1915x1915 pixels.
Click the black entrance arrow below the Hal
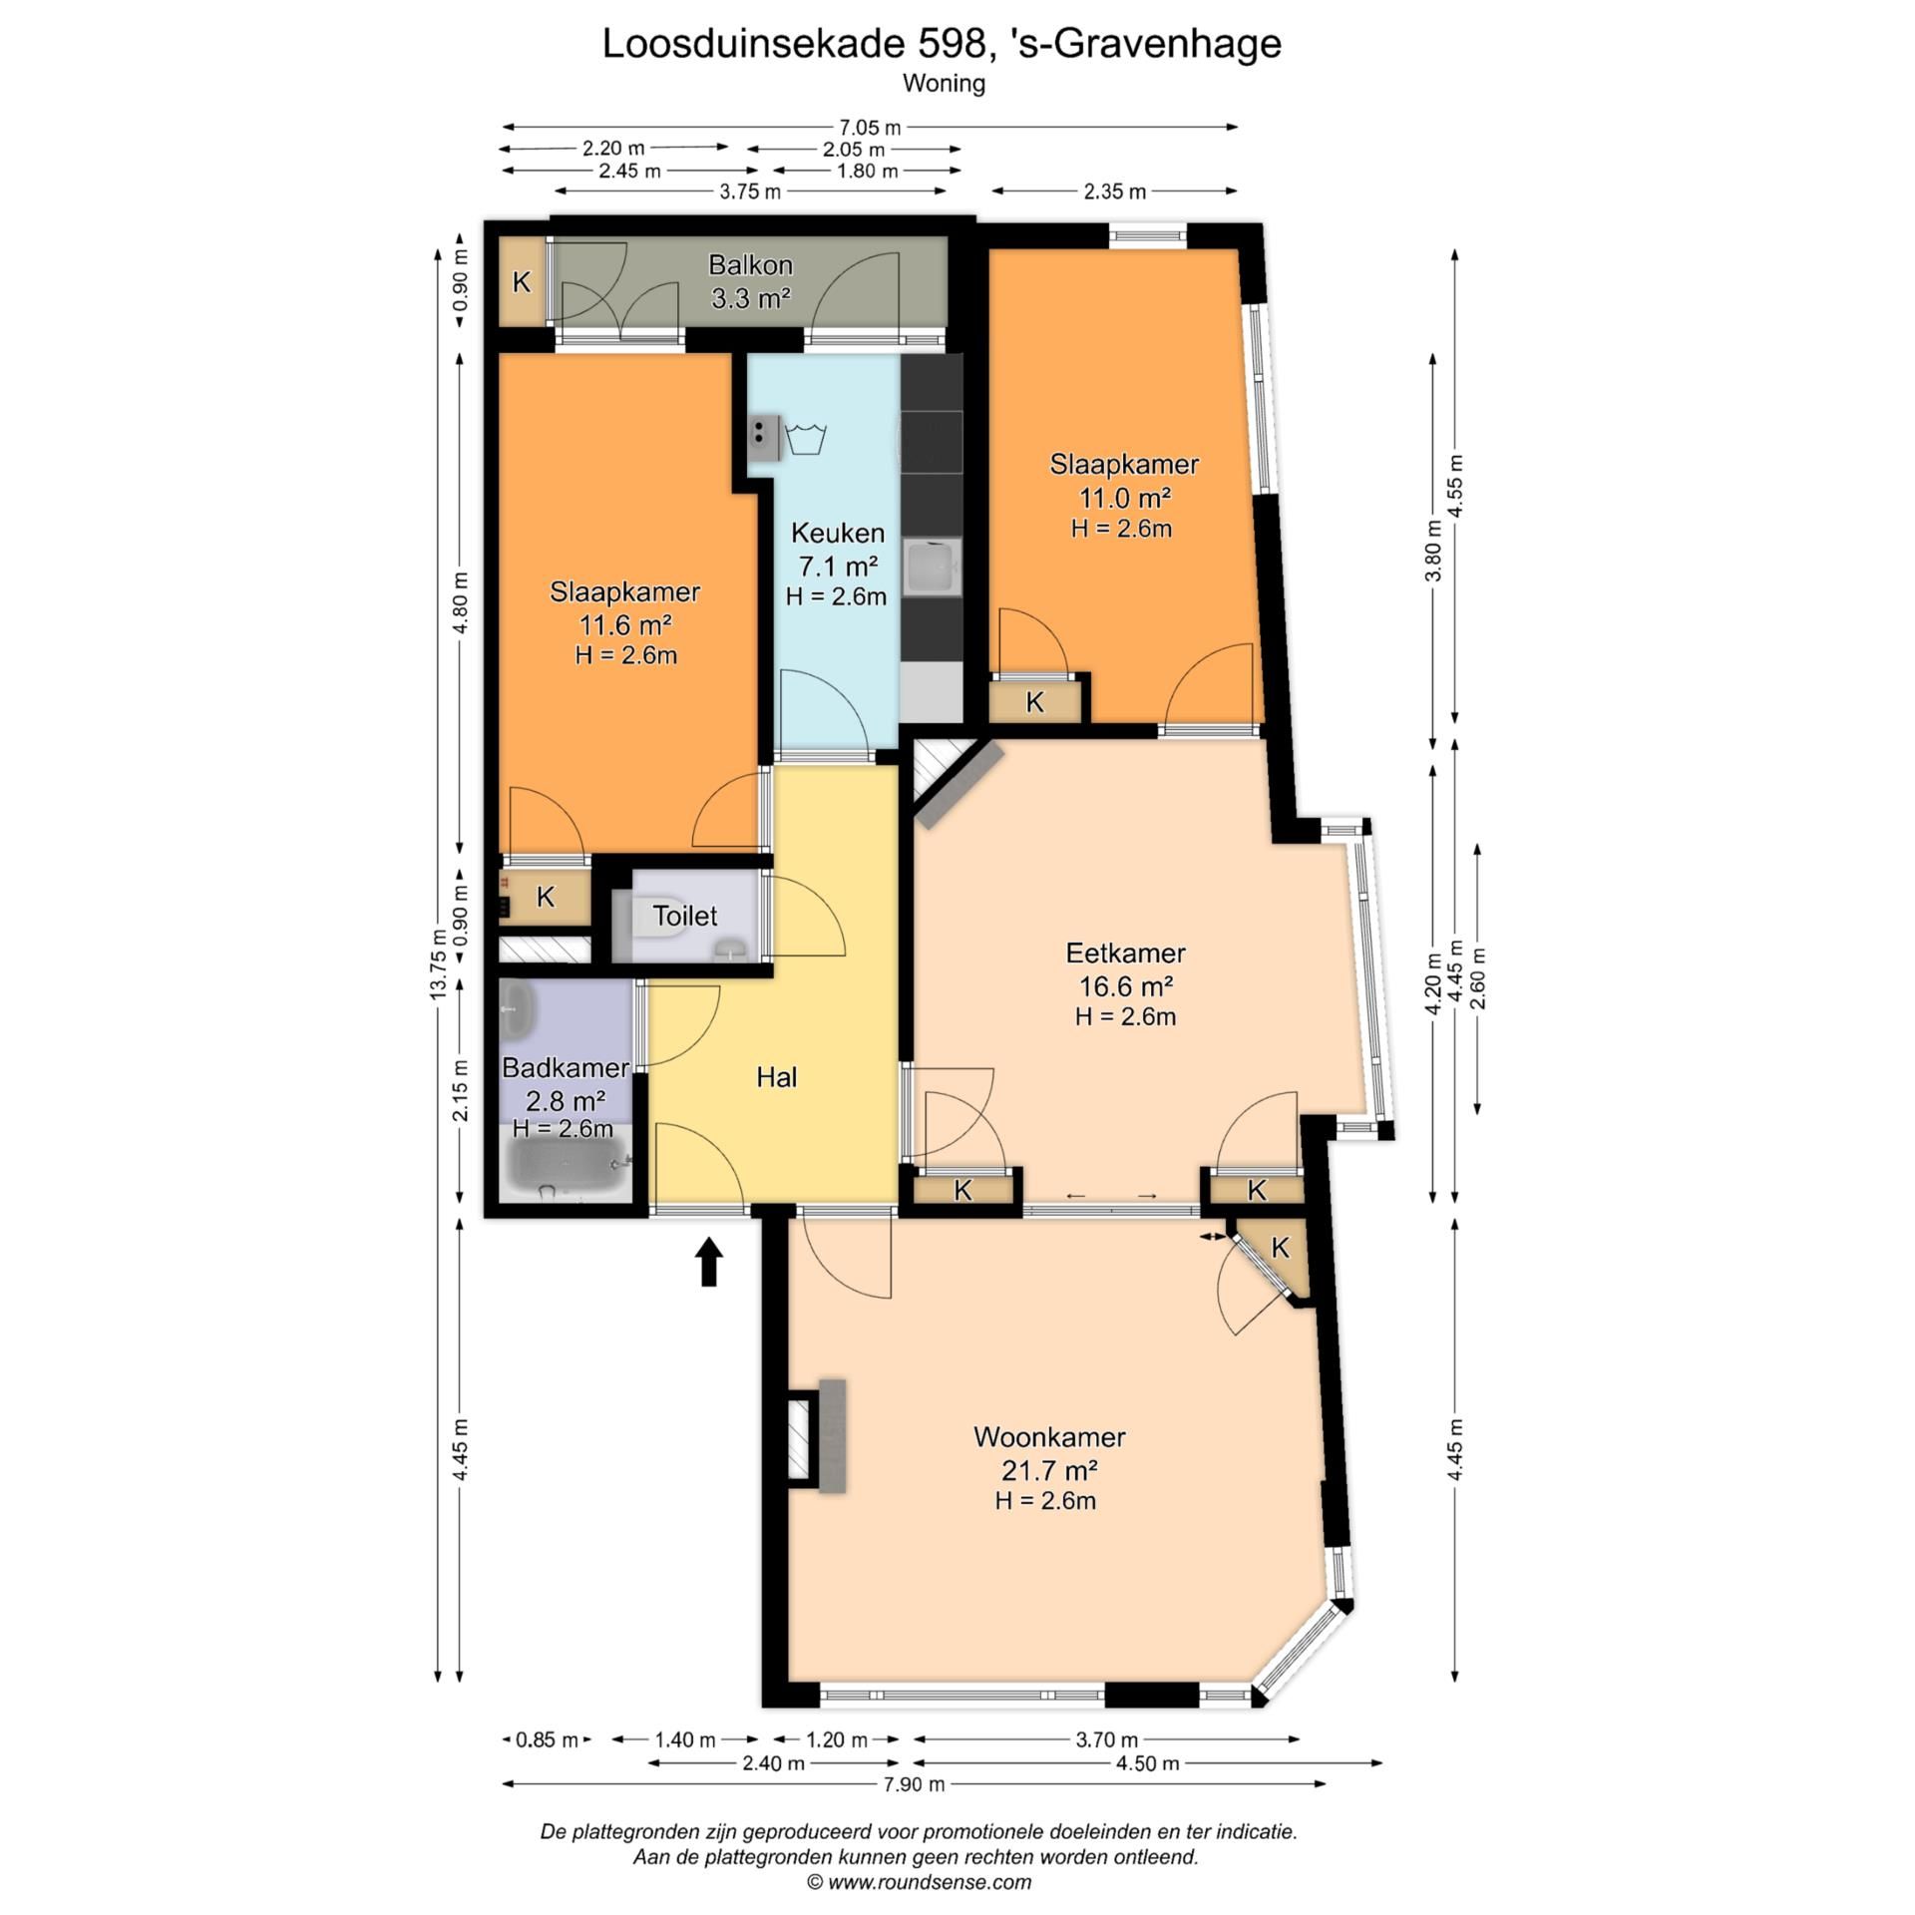[x=708, y=1262]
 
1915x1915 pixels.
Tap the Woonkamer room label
[x=1049, y=1437]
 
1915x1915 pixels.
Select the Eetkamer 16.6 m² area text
[x=1125, y=986]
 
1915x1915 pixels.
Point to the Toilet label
[x=685, y=916]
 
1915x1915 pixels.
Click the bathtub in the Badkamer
[x=567, y=1167]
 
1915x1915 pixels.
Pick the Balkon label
[x=750, y=265]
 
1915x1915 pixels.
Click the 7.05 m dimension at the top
[x=869, y=128]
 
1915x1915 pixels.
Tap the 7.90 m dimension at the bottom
[x=913, y=1784]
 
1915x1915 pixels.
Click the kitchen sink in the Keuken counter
[x=932, y=568]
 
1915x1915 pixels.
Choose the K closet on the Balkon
[x=522, y=282]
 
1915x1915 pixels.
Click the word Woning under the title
[x=944, y=84]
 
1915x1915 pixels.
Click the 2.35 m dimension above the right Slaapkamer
[x=1114, y=191]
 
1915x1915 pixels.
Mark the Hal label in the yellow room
[x=776, y=1077]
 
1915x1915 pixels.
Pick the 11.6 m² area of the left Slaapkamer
[x=625, y=625]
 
